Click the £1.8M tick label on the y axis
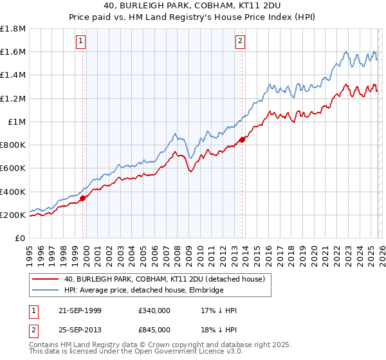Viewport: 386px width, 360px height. pyautogui.click(x=13, y=29)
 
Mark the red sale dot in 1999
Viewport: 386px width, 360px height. pyautogui.click(x=83, y=198)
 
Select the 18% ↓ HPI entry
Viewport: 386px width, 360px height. pyautogui.click(x=219, y=330)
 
